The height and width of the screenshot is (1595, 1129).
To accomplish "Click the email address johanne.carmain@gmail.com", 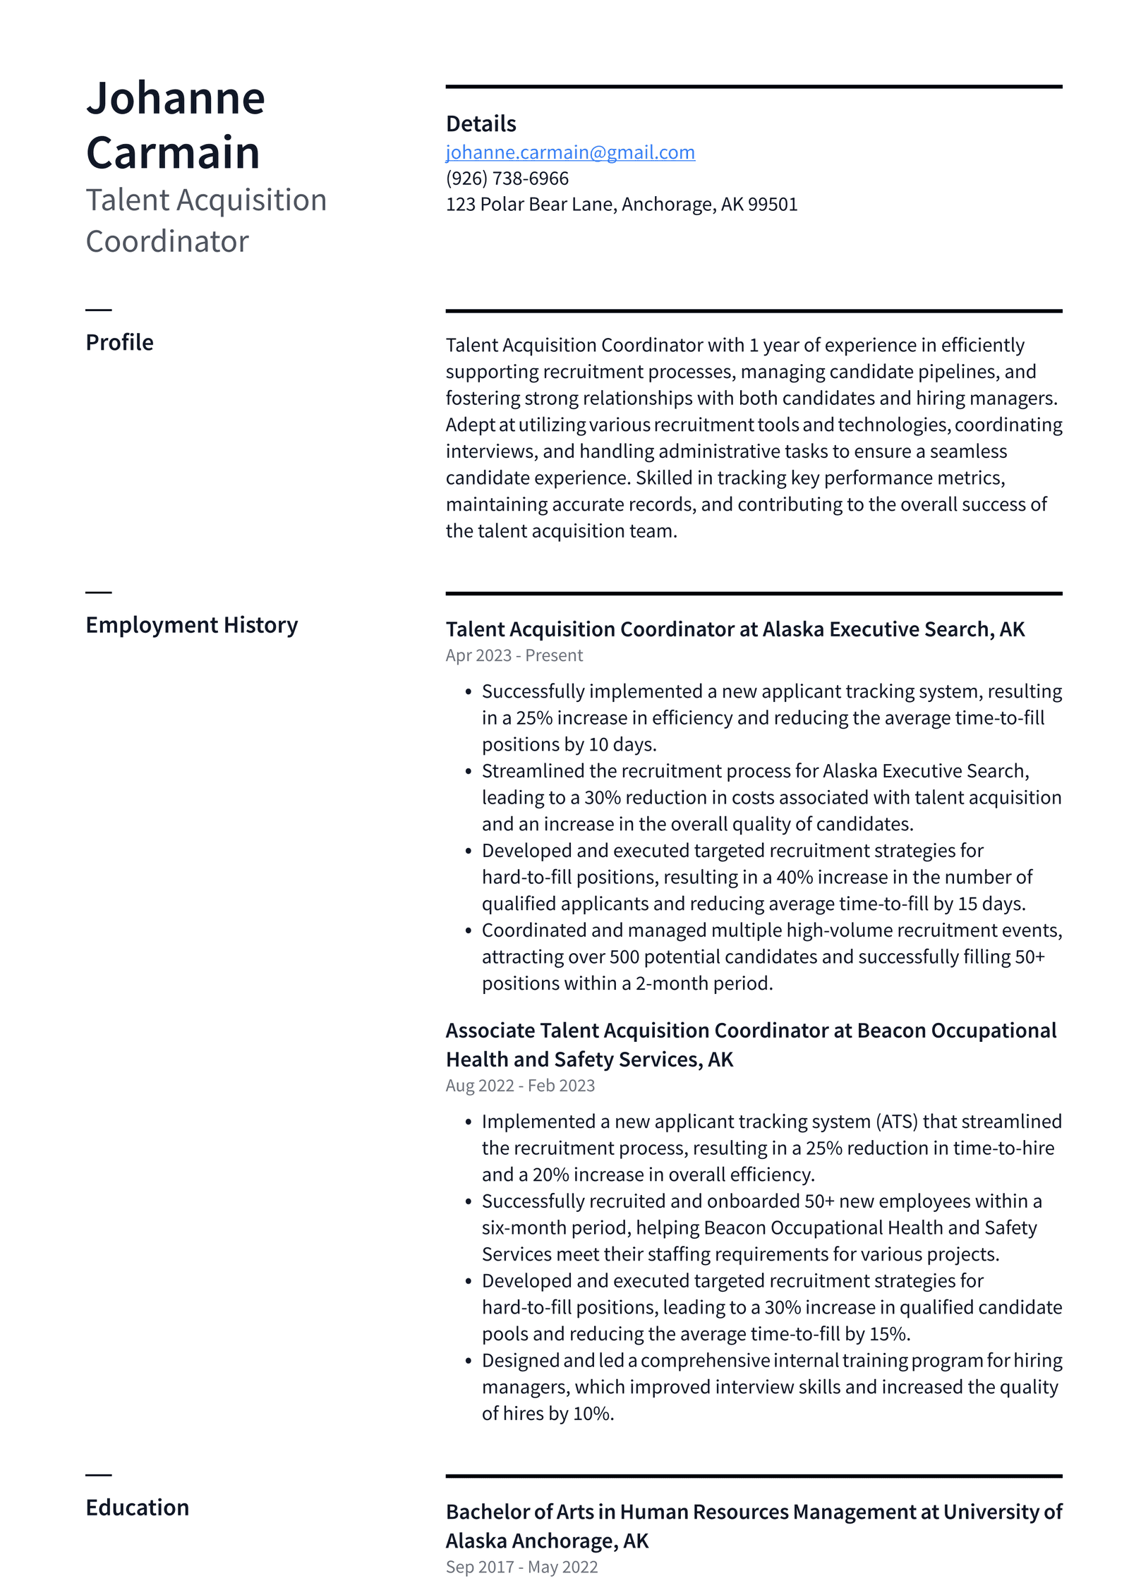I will pos(569,152).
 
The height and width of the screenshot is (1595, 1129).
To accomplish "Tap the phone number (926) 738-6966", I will pos(507,178).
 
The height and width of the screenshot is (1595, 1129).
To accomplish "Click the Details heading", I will pos(481,124).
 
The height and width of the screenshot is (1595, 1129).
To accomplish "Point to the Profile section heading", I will pos(119,342).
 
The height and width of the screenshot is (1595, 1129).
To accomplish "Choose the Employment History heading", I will pos(191,625).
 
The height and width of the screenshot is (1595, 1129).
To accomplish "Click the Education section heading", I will pos(137,1508).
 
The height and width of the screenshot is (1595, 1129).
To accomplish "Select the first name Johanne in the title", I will pos(175,98).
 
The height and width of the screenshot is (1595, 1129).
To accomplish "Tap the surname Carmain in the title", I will pos(173,152).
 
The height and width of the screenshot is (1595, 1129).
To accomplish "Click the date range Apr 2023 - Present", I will pos(514,655).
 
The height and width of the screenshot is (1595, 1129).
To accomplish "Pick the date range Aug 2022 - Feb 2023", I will pos(520,1086).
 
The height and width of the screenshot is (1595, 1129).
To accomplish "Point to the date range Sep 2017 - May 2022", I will pos(521,1567).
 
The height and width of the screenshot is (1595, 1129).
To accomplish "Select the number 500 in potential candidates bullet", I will pos(624,957).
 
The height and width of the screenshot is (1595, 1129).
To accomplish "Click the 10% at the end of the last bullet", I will pos(592,1414).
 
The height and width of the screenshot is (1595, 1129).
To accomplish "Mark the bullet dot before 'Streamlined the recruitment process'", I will pos(468,772).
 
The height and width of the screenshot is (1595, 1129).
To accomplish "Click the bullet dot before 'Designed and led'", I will pos(468,1361).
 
